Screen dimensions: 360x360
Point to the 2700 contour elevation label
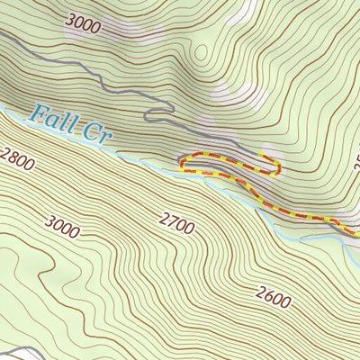tap(176, 220)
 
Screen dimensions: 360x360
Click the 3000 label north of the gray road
tap(83, 24)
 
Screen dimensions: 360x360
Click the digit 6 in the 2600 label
tap(267, 295)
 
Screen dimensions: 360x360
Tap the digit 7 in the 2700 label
tap(171, 218)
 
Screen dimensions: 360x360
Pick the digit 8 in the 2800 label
tap(13, 160)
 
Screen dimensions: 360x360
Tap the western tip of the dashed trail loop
tap(182, 163)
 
